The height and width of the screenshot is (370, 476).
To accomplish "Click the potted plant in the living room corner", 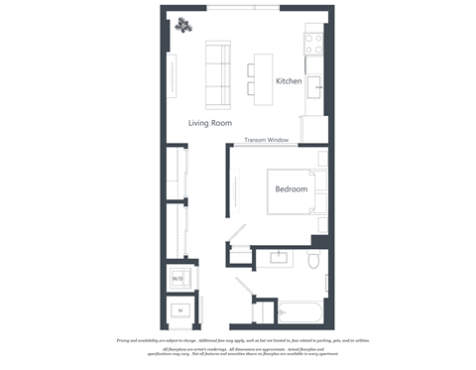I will pyautogui.click(x=184, y=26).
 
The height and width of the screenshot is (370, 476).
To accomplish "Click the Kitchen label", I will pyautogui.click(x=289, y=80).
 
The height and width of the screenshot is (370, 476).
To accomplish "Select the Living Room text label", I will pyautogui.click(x=209, y=123).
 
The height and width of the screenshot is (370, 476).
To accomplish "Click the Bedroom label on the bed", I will pyautogui.click(x=291, y=188).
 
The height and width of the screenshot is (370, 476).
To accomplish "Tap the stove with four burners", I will pyautogui.click(x=314, y=44).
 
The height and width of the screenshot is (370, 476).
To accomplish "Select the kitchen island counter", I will pyautogui.click(x=262, y=78).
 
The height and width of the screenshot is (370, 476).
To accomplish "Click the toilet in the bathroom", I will pyautogui.click(x=313, y=261).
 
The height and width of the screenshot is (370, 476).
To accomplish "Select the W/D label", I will pyautogui.click(x=178, y=280).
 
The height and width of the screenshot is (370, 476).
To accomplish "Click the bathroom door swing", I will pyautogui.click(x=244, y=293).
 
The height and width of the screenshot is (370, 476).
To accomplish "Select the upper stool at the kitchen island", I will pyautogui.click(x=252, y=69).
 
